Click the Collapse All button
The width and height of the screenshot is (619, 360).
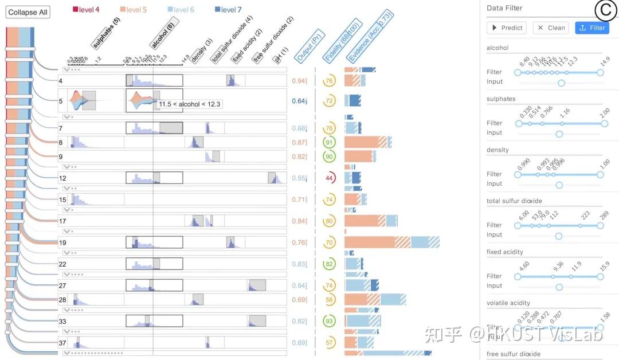28,12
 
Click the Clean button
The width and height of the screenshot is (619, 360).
551,28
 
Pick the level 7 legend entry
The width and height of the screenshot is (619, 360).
228,10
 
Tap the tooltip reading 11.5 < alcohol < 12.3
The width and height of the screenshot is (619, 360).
190,104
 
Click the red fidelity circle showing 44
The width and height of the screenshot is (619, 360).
330,178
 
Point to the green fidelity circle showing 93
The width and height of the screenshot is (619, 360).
329,321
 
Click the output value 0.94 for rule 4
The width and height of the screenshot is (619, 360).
298,81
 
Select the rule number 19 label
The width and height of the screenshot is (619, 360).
63,242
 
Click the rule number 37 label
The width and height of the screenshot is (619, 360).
63,343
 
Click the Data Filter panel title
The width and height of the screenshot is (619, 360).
504,8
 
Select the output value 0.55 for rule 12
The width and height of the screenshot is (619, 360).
298,178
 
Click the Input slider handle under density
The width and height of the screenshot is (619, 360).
559,185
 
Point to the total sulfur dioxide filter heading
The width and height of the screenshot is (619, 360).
514,201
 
